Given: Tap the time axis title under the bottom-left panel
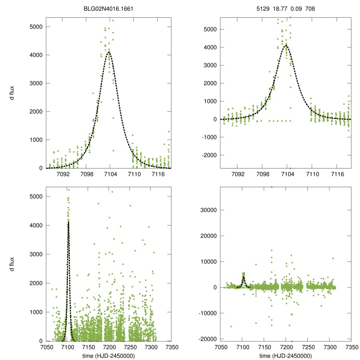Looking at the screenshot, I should click(x=109, y=356).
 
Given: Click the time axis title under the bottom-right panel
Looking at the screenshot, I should click(x=285, y=356).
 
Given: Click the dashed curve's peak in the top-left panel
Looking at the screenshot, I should click(x=110, y=52).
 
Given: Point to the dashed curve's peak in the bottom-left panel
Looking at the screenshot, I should click(x=68, y=222).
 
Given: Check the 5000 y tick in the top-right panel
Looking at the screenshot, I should click(x=210, y=29).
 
